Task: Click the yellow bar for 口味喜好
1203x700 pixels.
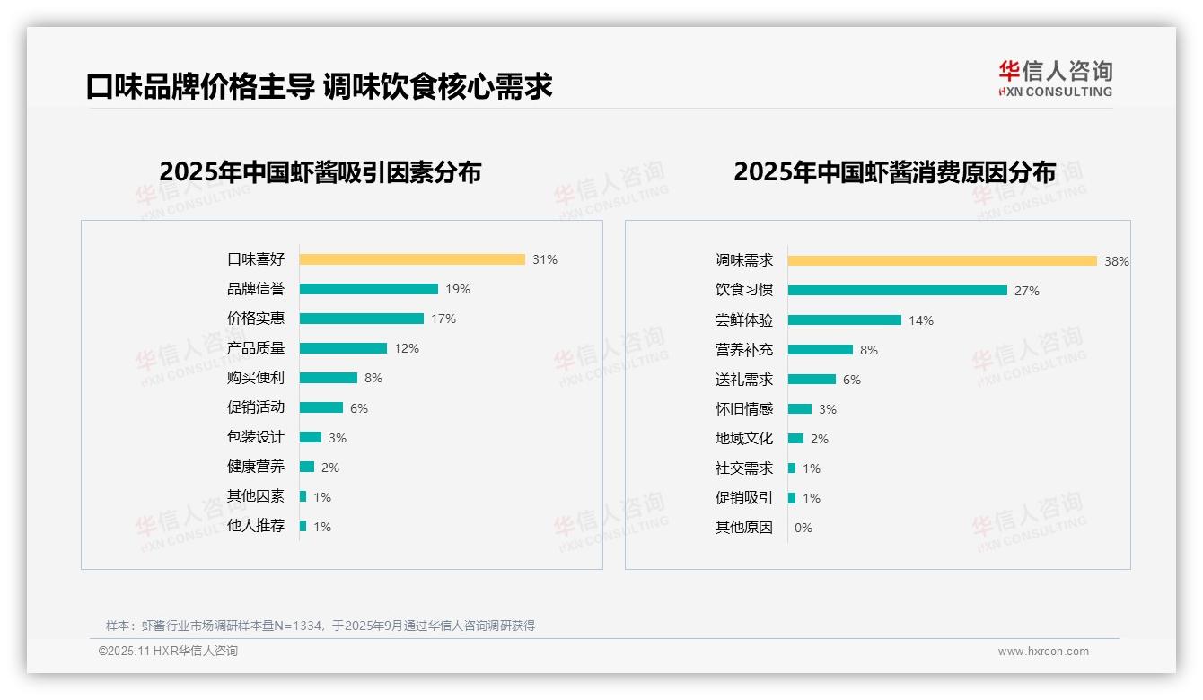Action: (x=412, y=259)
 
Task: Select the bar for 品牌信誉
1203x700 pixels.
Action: (x=369, y=289)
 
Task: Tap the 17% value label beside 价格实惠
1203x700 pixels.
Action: (x=443, y=319)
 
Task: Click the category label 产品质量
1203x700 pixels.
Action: (x=256, y=348)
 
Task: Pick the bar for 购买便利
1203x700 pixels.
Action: (x=329, y=378)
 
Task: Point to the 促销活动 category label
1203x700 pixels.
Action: (x=256, y=407)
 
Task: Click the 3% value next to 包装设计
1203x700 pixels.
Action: (x=338, y=438)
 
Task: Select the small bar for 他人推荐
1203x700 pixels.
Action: (x=303, y=526)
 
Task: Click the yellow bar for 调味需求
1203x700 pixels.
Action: (x=943, y=261)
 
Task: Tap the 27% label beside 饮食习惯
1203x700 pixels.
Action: (x=1027, y=291)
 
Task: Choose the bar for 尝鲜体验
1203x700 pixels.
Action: (x=845, y=320)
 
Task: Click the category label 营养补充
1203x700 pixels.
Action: (x=744, y=350)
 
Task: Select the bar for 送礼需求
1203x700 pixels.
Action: (x=812, y=380)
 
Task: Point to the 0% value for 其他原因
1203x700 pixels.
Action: (x=803, y=528)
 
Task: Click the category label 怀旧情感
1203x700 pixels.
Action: (x=744, y=409)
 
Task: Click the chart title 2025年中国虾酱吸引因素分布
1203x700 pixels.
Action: (x=321, y=172)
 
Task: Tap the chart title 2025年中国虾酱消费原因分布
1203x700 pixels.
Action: (x=894, y=172)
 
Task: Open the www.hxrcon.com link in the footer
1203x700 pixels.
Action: (x=1043, y=652)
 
